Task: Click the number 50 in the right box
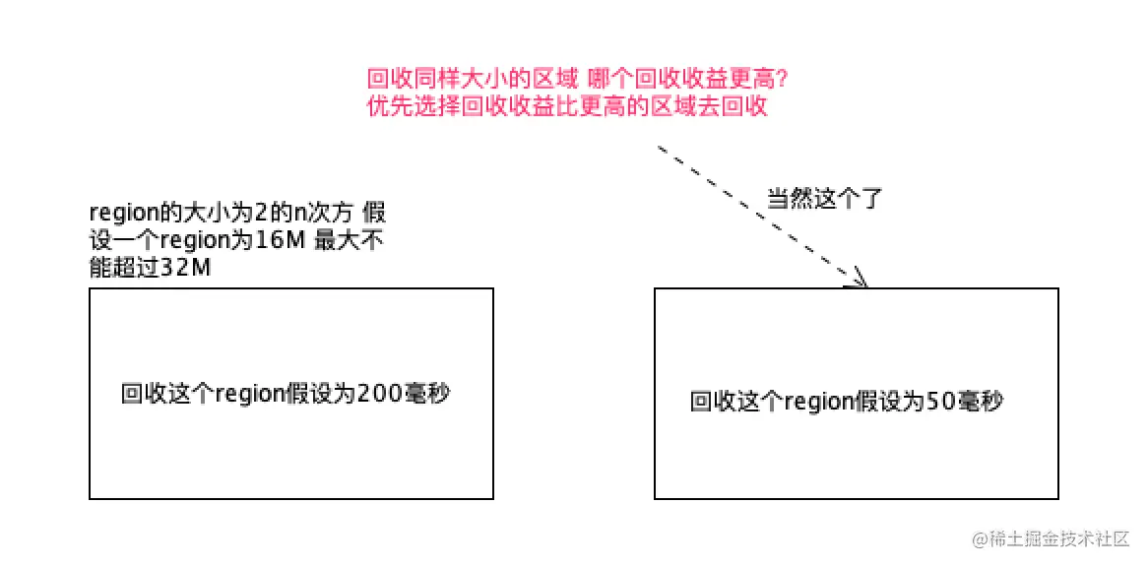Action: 939,402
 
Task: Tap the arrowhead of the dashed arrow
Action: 860,282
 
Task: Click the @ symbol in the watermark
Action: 980,539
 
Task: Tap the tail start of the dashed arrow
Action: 658,148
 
